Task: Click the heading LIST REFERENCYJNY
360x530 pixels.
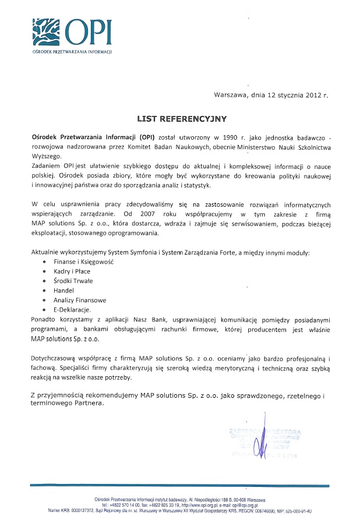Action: click(181, 119)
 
